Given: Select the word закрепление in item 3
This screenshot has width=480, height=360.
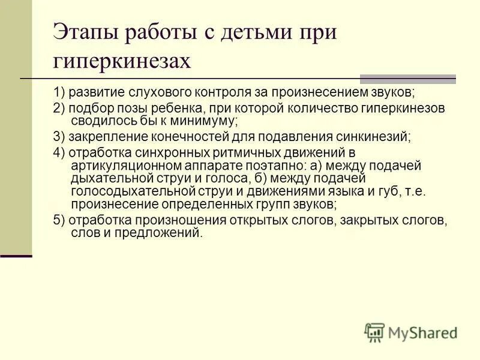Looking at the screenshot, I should [x=101, y=136].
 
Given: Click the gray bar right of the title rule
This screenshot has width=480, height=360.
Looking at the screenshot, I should [x=407, y=79].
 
